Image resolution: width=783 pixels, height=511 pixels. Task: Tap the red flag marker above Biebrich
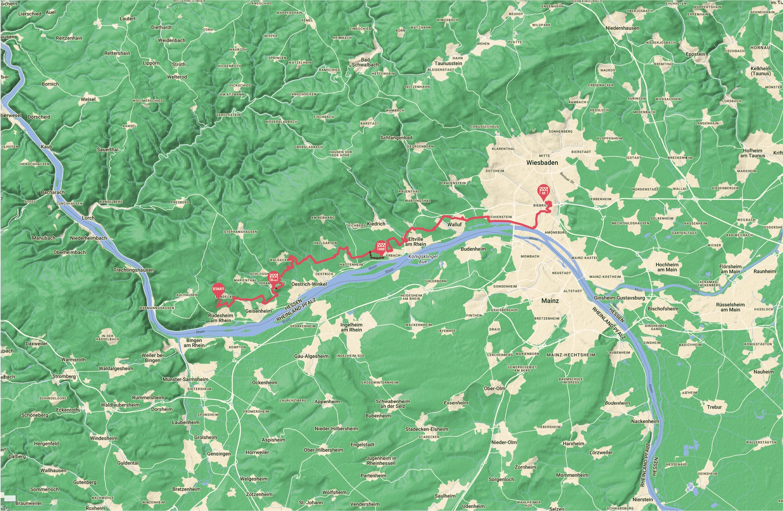point(543,190)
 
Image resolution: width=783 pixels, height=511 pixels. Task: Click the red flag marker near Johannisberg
point(274,278)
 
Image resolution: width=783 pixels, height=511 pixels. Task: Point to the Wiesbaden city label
point(542,162)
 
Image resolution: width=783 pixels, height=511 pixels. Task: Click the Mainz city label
point(550,301)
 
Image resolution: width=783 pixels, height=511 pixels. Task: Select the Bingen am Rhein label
point(194,342)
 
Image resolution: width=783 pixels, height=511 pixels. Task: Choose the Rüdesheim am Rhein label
point(221,318)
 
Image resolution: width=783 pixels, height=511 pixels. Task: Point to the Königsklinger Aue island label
point(423,259)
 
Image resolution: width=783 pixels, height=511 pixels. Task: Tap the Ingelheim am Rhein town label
point(351,327)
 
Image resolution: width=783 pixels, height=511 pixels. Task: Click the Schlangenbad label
point(396,138)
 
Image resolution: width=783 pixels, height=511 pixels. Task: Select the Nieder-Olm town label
point(504,442)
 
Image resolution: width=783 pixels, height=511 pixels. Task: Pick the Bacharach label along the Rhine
point(52,192)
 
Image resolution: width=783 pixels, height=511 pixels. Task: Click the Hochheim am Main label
point(667,267)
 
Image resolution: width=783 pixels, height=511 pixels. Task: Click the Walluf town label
point(454,225)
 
